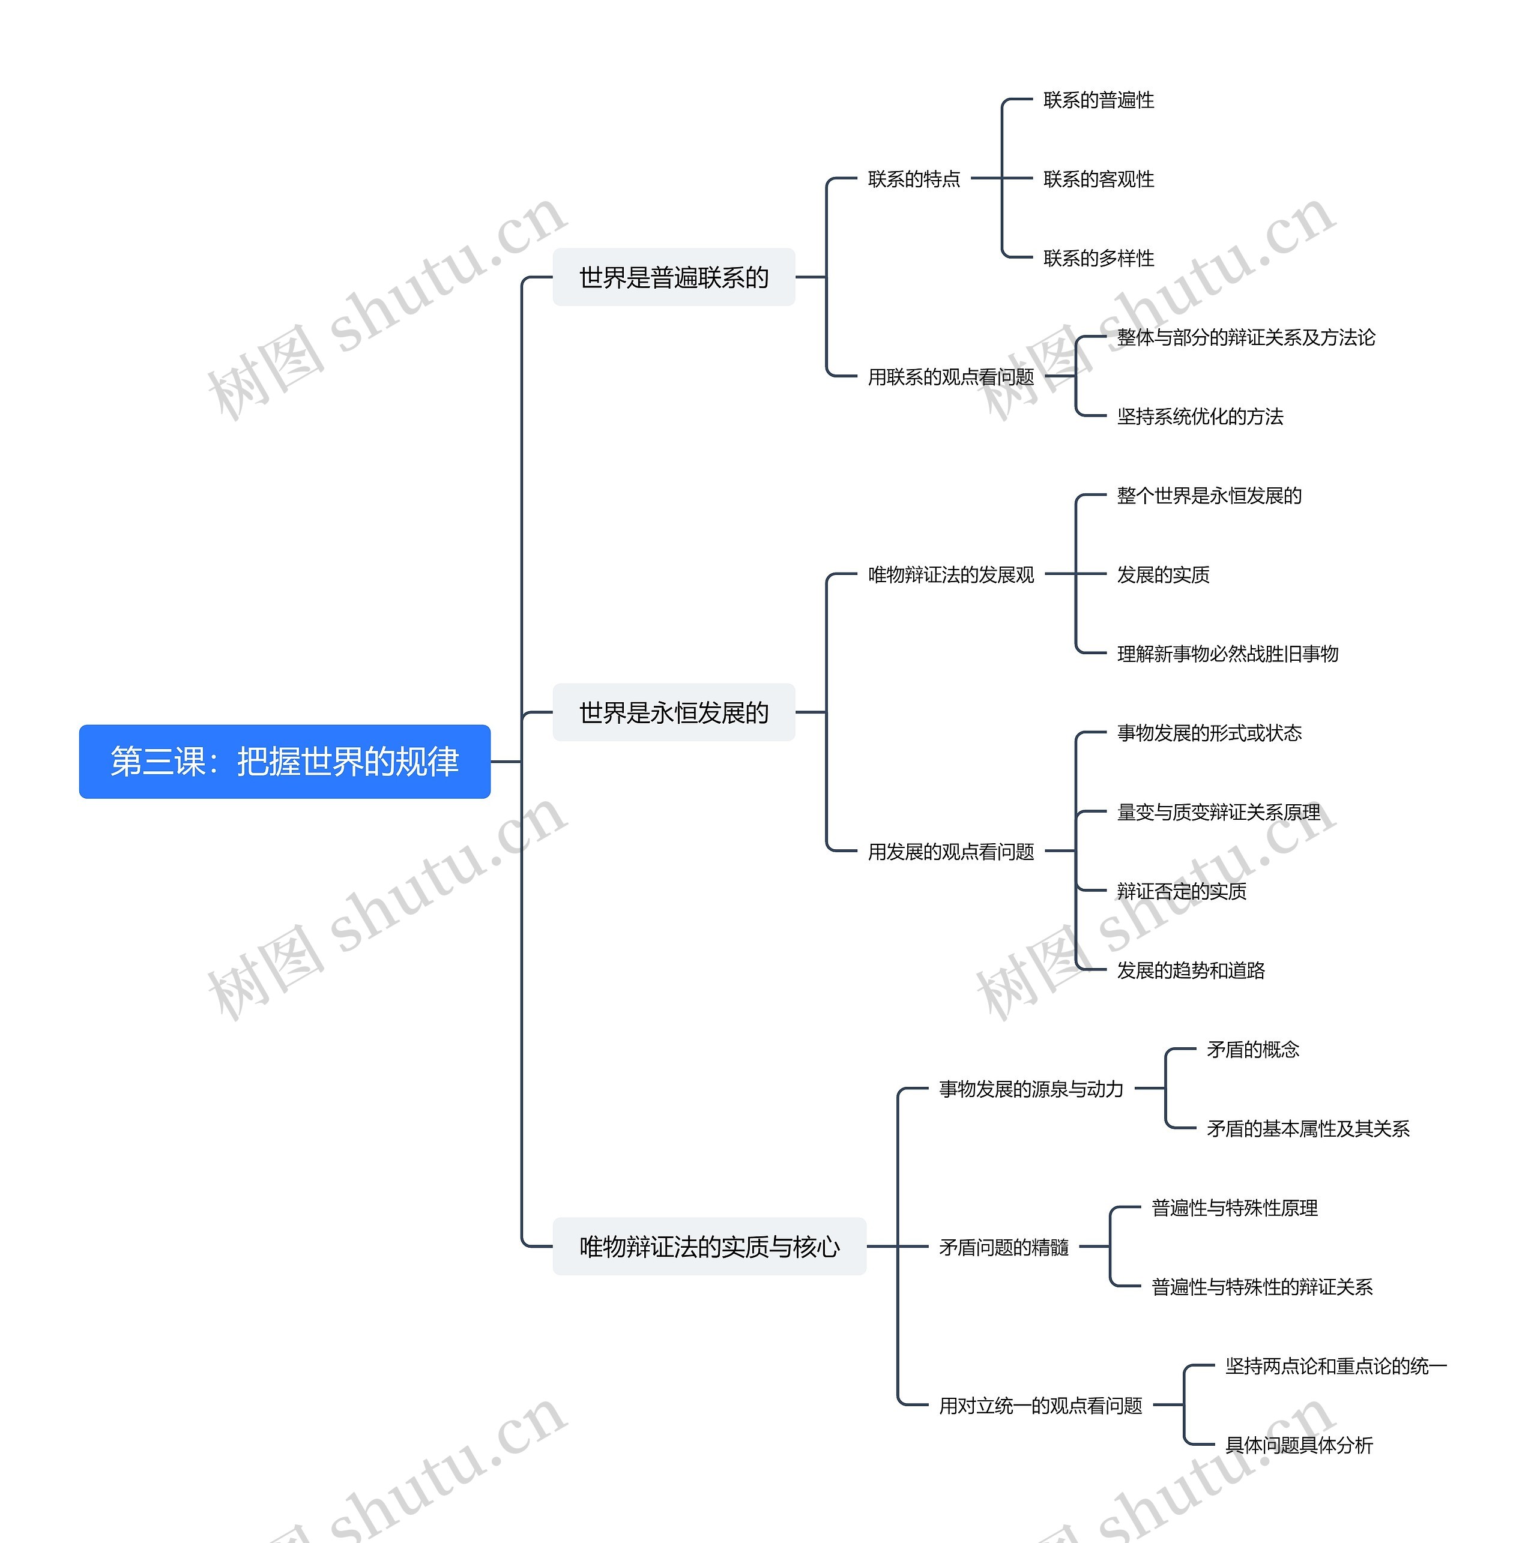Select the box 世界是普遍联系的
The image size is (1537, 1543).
[674, 277]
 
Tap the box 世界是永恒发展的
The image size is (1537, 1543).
[674, 712]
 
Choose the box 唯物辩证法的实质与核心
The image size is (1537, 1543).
[708, 1246]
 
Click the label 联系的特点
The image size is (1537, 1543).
[914, 179]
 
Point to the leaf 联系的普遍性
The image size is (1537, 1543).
[1099, 100]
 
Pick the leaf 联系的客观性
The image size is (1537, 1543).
[1099, 179]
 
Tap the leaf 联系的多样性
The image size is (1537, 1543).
[1099, 258]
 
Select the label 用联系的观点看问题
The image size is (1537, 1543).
[950, 376]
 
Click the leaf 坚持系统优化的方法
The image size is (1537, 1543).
[1200, 416]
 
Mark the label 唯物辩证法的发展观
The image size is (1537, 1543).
[950, 574]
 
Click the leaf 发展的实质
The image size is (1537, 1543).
[1163, 574]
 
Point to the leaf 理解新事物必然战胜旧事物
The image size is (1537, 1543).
[1227, 654]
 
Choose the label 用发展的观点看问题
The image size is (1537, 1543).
[950, 852]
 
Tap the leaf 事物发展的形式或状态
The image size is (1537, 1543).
[1209, 732]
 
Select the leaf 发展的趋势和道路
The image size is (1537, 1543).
[1191, 970]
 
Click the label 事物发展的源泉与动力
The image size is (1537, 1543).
[1030, 1089]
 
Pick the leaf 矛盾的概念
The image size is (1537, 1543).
[1252, 1050]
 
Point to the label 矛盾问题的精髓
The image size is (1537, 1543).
[1003, 1247]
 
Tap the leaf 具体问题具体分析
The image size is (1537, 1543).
[1299, 1445]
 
